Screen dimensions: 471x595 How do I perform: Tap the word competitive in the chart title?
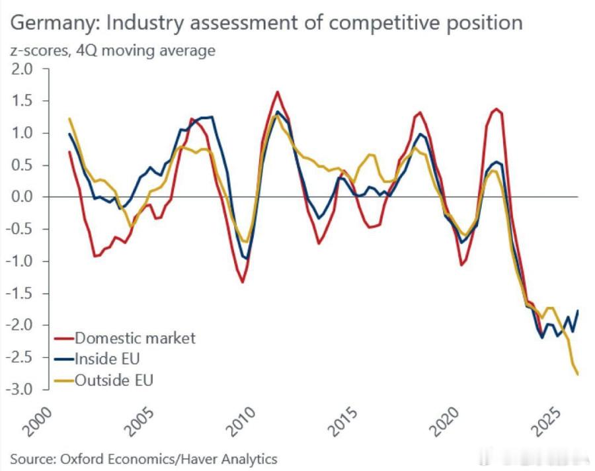pos(379,23)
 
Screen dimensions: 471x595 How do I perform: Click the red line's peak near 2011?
pos(277,92)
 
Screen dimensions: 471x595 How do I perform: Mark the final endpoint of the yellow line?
pos(578,374)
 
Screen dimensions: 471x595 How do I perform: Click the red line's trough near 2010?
pos(243,282)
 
